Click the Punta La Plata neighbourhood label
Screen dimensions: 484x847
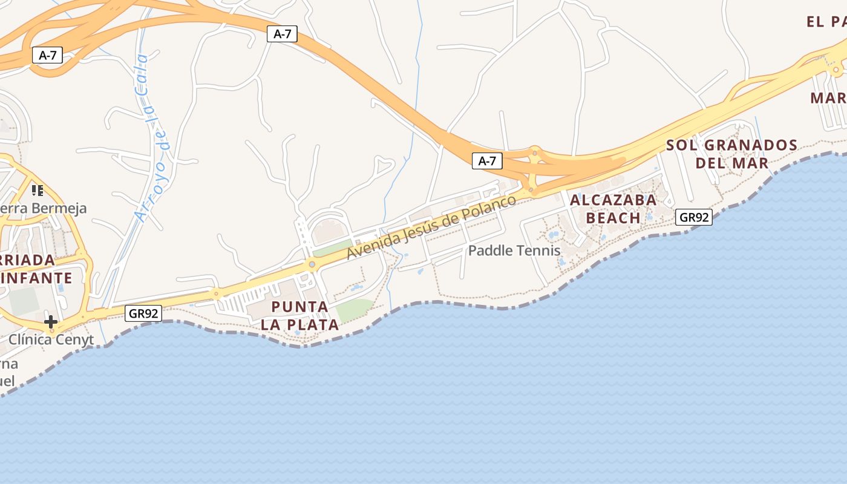(299, 315)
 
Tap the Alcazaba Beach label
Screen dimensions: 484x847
(613, 209)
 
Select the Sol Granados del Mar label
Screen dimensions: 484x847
(731, 154)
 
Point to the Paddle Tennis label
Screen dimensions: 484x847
(514, 250)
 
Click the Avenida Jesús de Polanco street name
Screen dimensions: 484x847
(431, 227)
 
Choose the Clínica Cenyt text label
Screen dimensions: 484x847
(51, 339)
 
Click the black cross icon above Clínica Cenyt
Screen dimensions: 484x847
(51, 321)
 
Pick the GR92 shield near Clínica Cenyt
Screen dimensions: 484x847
(144, 313)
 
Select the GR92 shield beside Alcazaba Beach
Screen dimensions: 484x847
(693, 217)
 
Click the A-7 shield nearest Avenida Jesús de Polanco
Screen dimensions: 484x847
(487, 161)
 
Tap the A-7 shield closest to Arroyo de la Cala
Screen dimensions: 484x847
(47, 56)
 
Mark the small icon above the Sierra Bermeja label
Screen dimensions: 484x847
(38, 191)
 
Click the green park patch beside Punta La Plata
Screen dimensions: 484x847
(355, 310)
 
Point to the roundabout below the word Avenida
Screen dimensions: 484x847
(312, 264)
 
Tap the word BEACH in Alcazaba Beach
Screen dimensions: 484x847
(613, 218)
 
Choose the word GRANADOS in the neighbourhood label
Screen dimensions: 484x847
(751, 145)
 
